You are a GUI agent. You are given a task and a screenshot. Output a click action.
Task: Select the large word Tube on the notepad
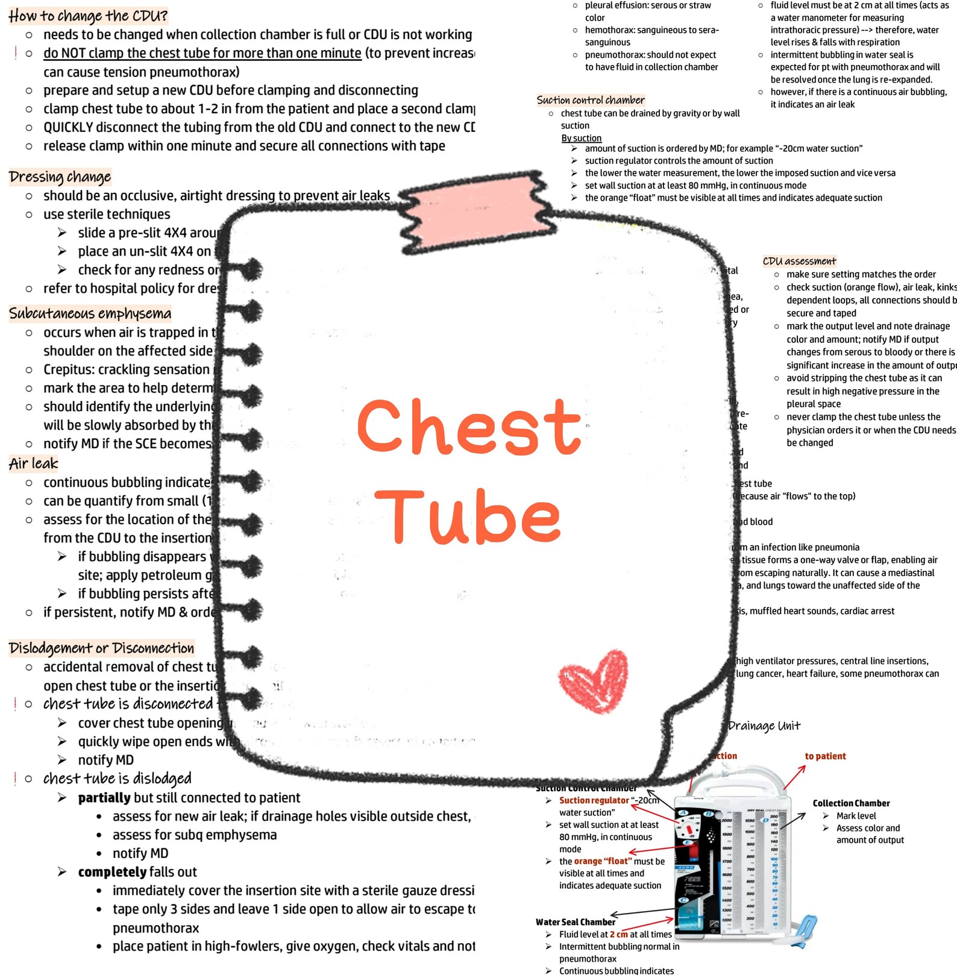(469, 516)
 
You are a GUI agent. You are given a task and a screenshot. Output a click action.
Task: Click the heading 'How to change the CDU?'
(88, 16)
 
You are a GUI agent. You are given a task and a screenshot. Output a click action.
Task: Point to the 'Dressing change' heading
(60, 177)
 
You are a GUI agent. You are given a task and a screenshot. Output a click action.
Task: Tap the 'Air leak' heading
(34, 463)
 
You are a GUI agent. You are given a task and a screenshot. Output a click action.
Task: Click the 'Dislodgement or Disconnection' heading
(101, 648)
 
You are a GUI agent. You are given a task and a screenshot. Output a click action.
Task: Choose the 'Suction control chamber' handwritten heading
(591, 100)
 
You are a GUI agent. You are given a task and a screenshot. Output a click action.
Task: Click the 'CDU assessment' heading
(799, 261)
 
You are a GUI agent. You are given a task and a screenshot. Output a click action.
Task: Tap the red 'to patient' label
(825, 756)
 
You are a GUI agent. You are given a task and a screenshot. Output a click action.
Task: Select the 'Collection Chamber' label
(851, 803)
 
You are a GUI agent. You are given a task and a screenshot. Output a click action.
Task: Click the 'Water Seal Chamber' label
(576, 922)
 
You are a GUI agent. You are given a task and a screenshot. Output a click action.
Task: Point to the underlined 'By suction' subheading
(582, 138)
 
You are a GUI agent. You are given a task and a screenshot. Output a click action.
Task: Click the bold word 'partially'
(104, 798)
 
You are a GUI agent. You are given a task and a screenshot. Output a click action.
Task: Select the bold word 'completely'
(112, 872)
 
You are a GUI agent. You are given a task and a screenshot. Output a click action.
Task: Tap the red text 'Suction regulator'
(594, 800)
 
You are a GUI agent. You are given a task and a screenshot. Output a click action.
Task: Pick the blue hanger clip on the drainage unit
(802, 931)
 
